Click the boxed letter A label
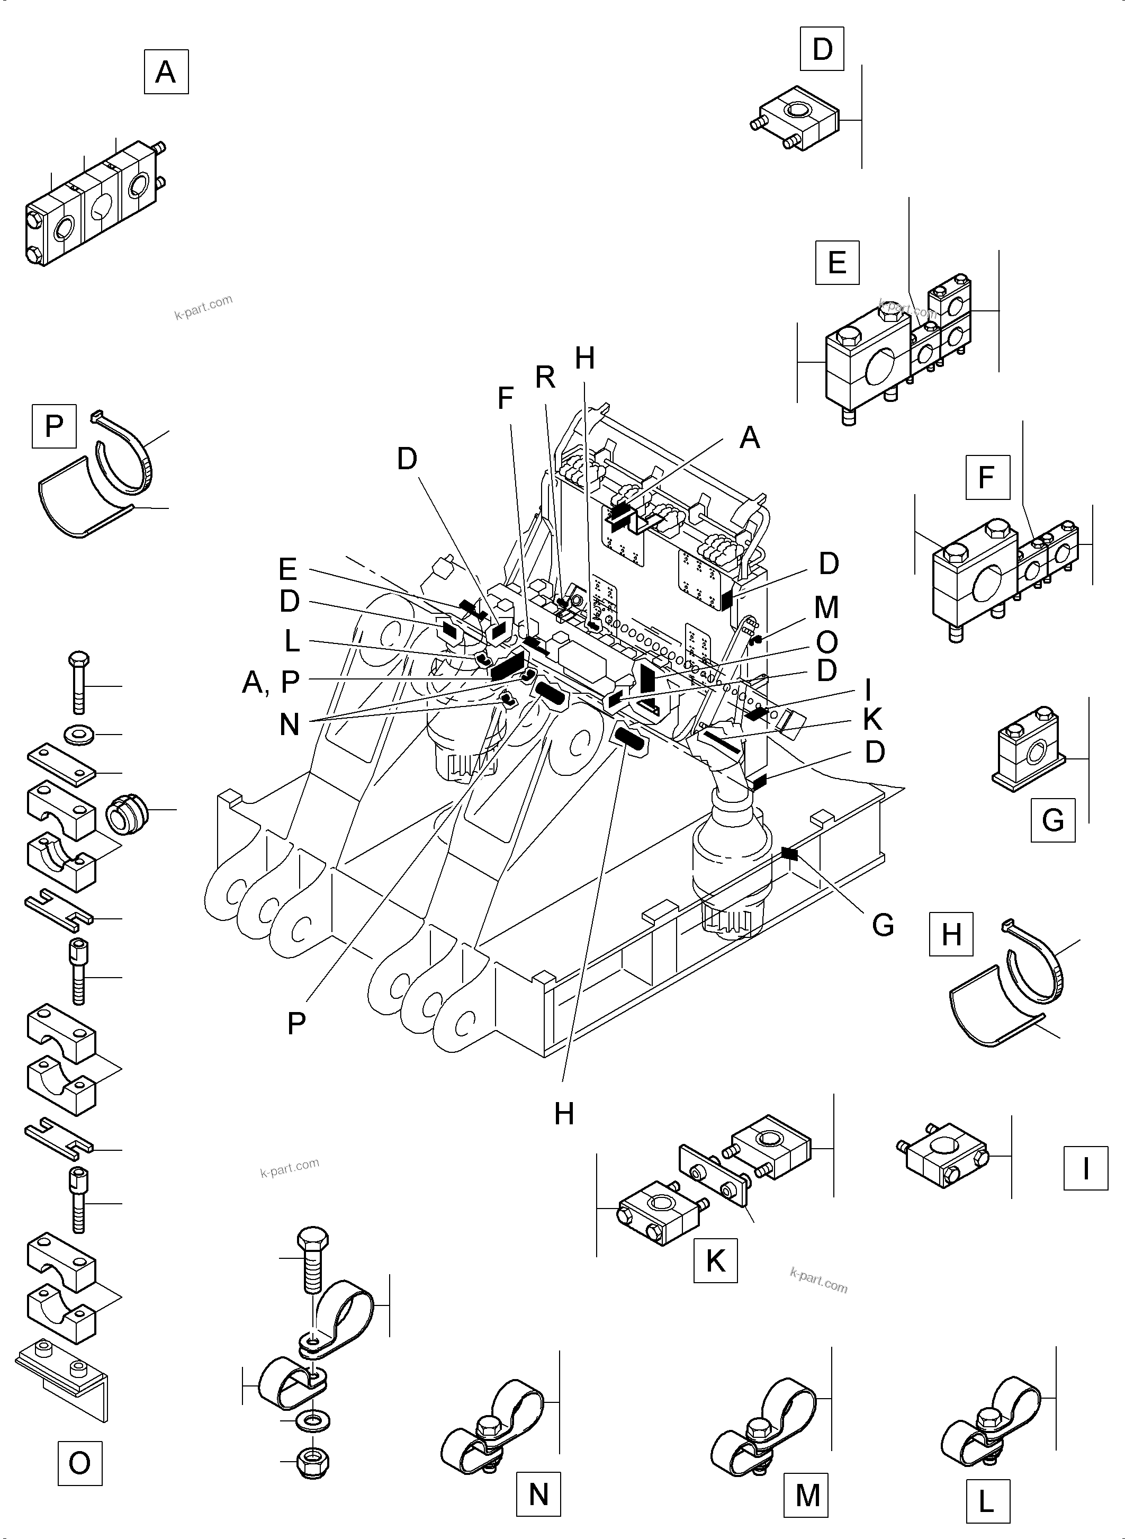tap(166, 71)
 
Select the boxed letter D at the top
tap(822, 49)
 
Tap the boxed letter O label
tap(79, 1463)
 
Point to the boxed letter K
tap(715, 1261)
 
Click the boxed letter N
tap(538, 1495)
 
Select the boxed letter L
tap(987, 1501)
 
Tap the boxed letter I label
tap(1085, 1168)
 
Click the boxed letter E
tap(837, 262)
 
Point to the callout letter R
tap(545, 378)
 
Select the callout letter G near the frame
tap(883, 925)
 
